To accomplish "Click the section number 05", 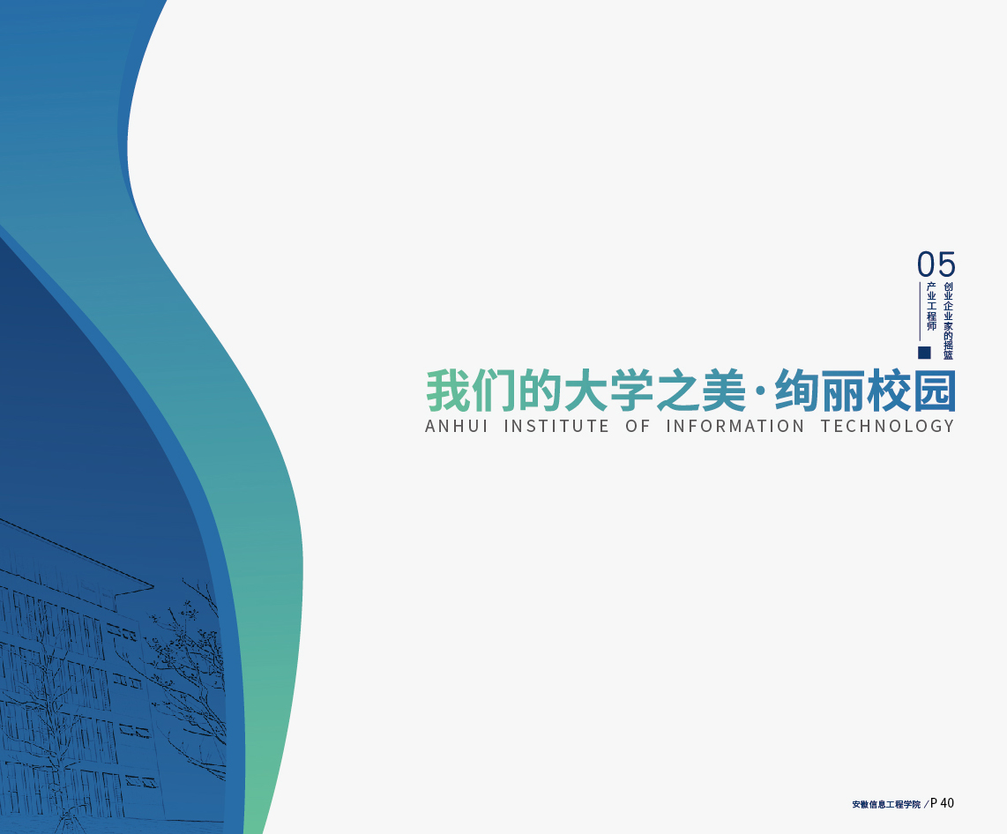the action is (x=936, y=264).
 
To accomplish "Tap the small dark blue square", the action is (x=924, y=353).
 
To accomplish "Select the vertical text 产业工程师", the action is (x=931, y=306).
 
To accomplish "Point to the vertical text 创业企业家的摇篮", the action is (x=949, y=321).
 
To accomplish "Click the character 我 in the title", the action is (x=448, y=391).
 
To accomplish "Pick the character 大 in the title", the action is (x=586, y=391).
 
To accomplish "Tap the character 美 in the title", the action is (x=724, y=391).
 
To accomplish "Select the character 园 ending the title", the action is (x=935, y=391).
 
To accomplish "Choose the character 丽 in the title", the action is (x=844, y=391).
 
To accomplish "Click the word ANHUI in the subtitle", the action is (x=457, y=427).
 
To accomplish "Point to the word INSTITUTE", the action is (x=556, y=427).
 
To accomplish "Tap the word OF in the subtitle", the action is (x=638, y=427).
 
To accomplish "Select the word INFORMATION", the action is (x=735, y=427).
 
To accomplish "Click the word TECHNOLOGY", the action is (x=888, y=427).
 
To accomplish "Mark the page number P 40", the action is (x=942, y=803).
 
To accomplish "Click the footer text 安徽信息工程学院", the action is (x=886, y=805).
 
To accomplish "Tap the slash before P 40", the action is (x=926, y=805).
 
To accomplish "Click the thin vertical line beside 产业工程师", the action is (x=921, y=310).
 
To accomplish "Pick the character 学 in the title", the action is (x=631, y=391).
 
